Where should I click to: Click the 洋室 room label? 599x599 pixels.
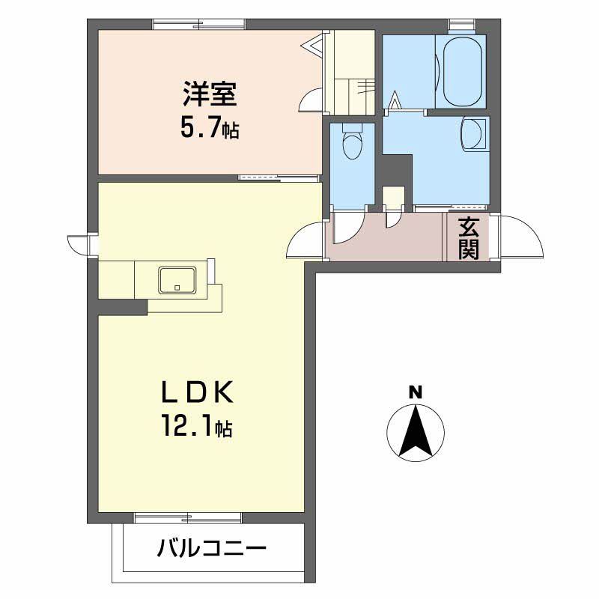tap(210, 97)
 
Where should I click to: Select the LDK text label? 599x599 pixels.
tap(199, 392)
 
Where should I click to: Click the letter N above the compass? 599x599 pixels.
tap(415, 391)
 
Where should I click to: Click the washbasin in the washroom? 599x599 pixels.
tap(473, 136)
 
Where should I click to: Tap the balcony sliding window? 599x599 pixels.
tap(188, 517)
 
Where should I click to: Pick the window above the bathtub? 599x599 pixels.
tap(458, 24)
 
